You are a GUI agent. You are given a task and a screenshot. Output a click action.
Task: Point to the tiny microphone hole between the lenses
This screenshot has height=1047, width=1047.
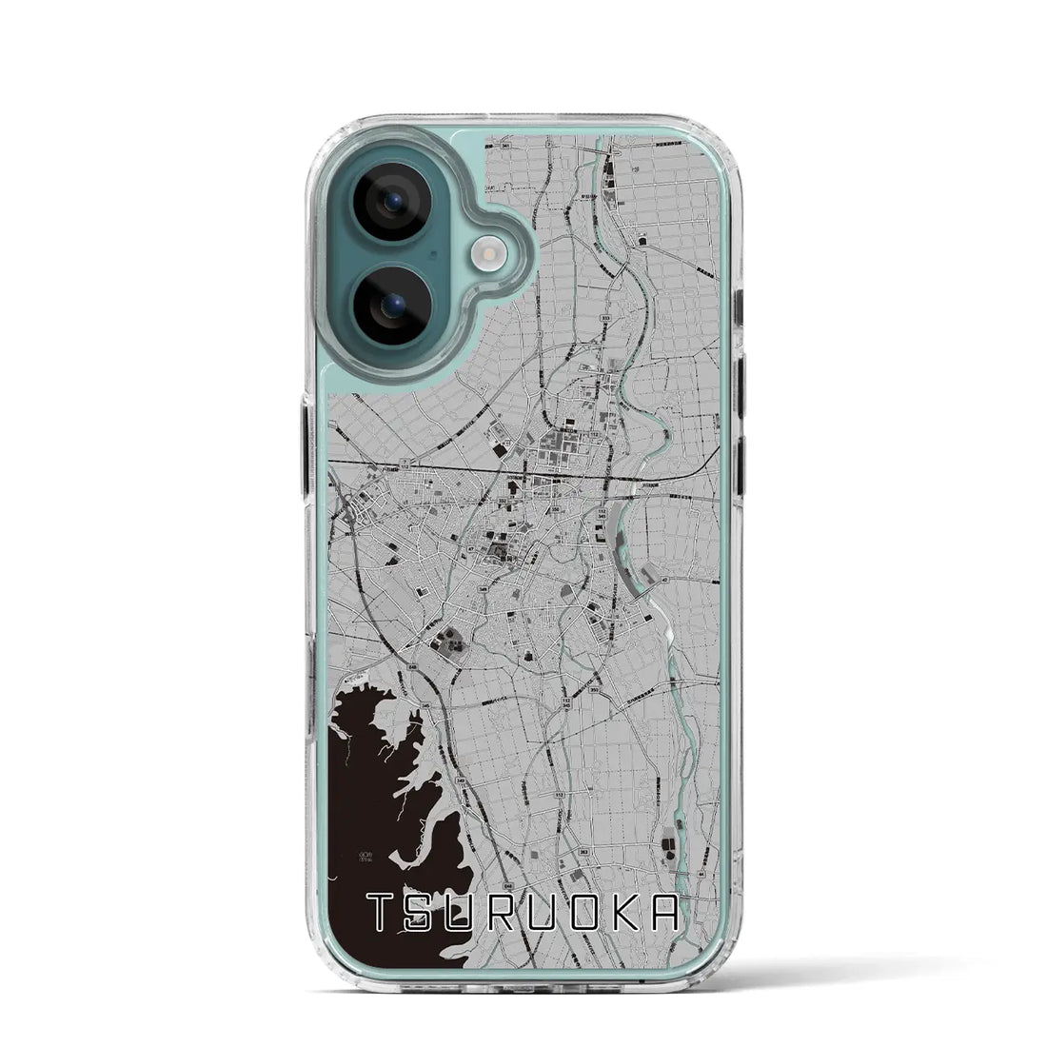click(x=433, y=254)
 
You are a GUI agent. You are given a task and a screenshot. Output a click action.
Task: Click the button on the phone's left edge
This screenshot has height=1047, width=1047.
click(x=306, y=446)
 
